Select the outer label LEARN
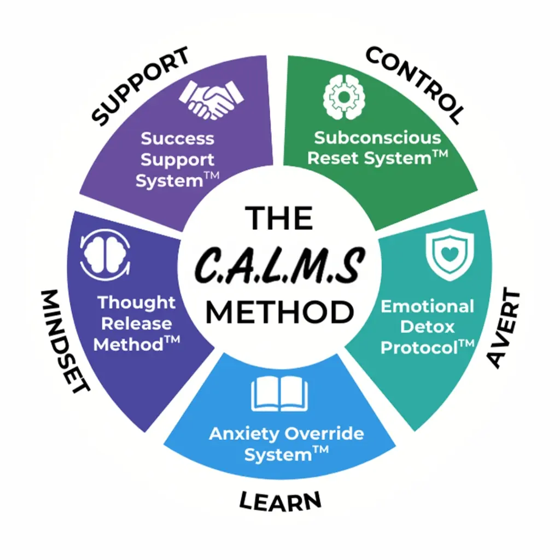[280, 499]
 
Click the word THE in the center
[279, 219]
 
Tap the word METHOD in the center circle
[279, 312]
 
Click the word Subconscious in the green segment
[377, 137]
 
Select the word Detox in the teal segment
[427, 326]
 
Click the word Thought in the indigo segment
[136, 302]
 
